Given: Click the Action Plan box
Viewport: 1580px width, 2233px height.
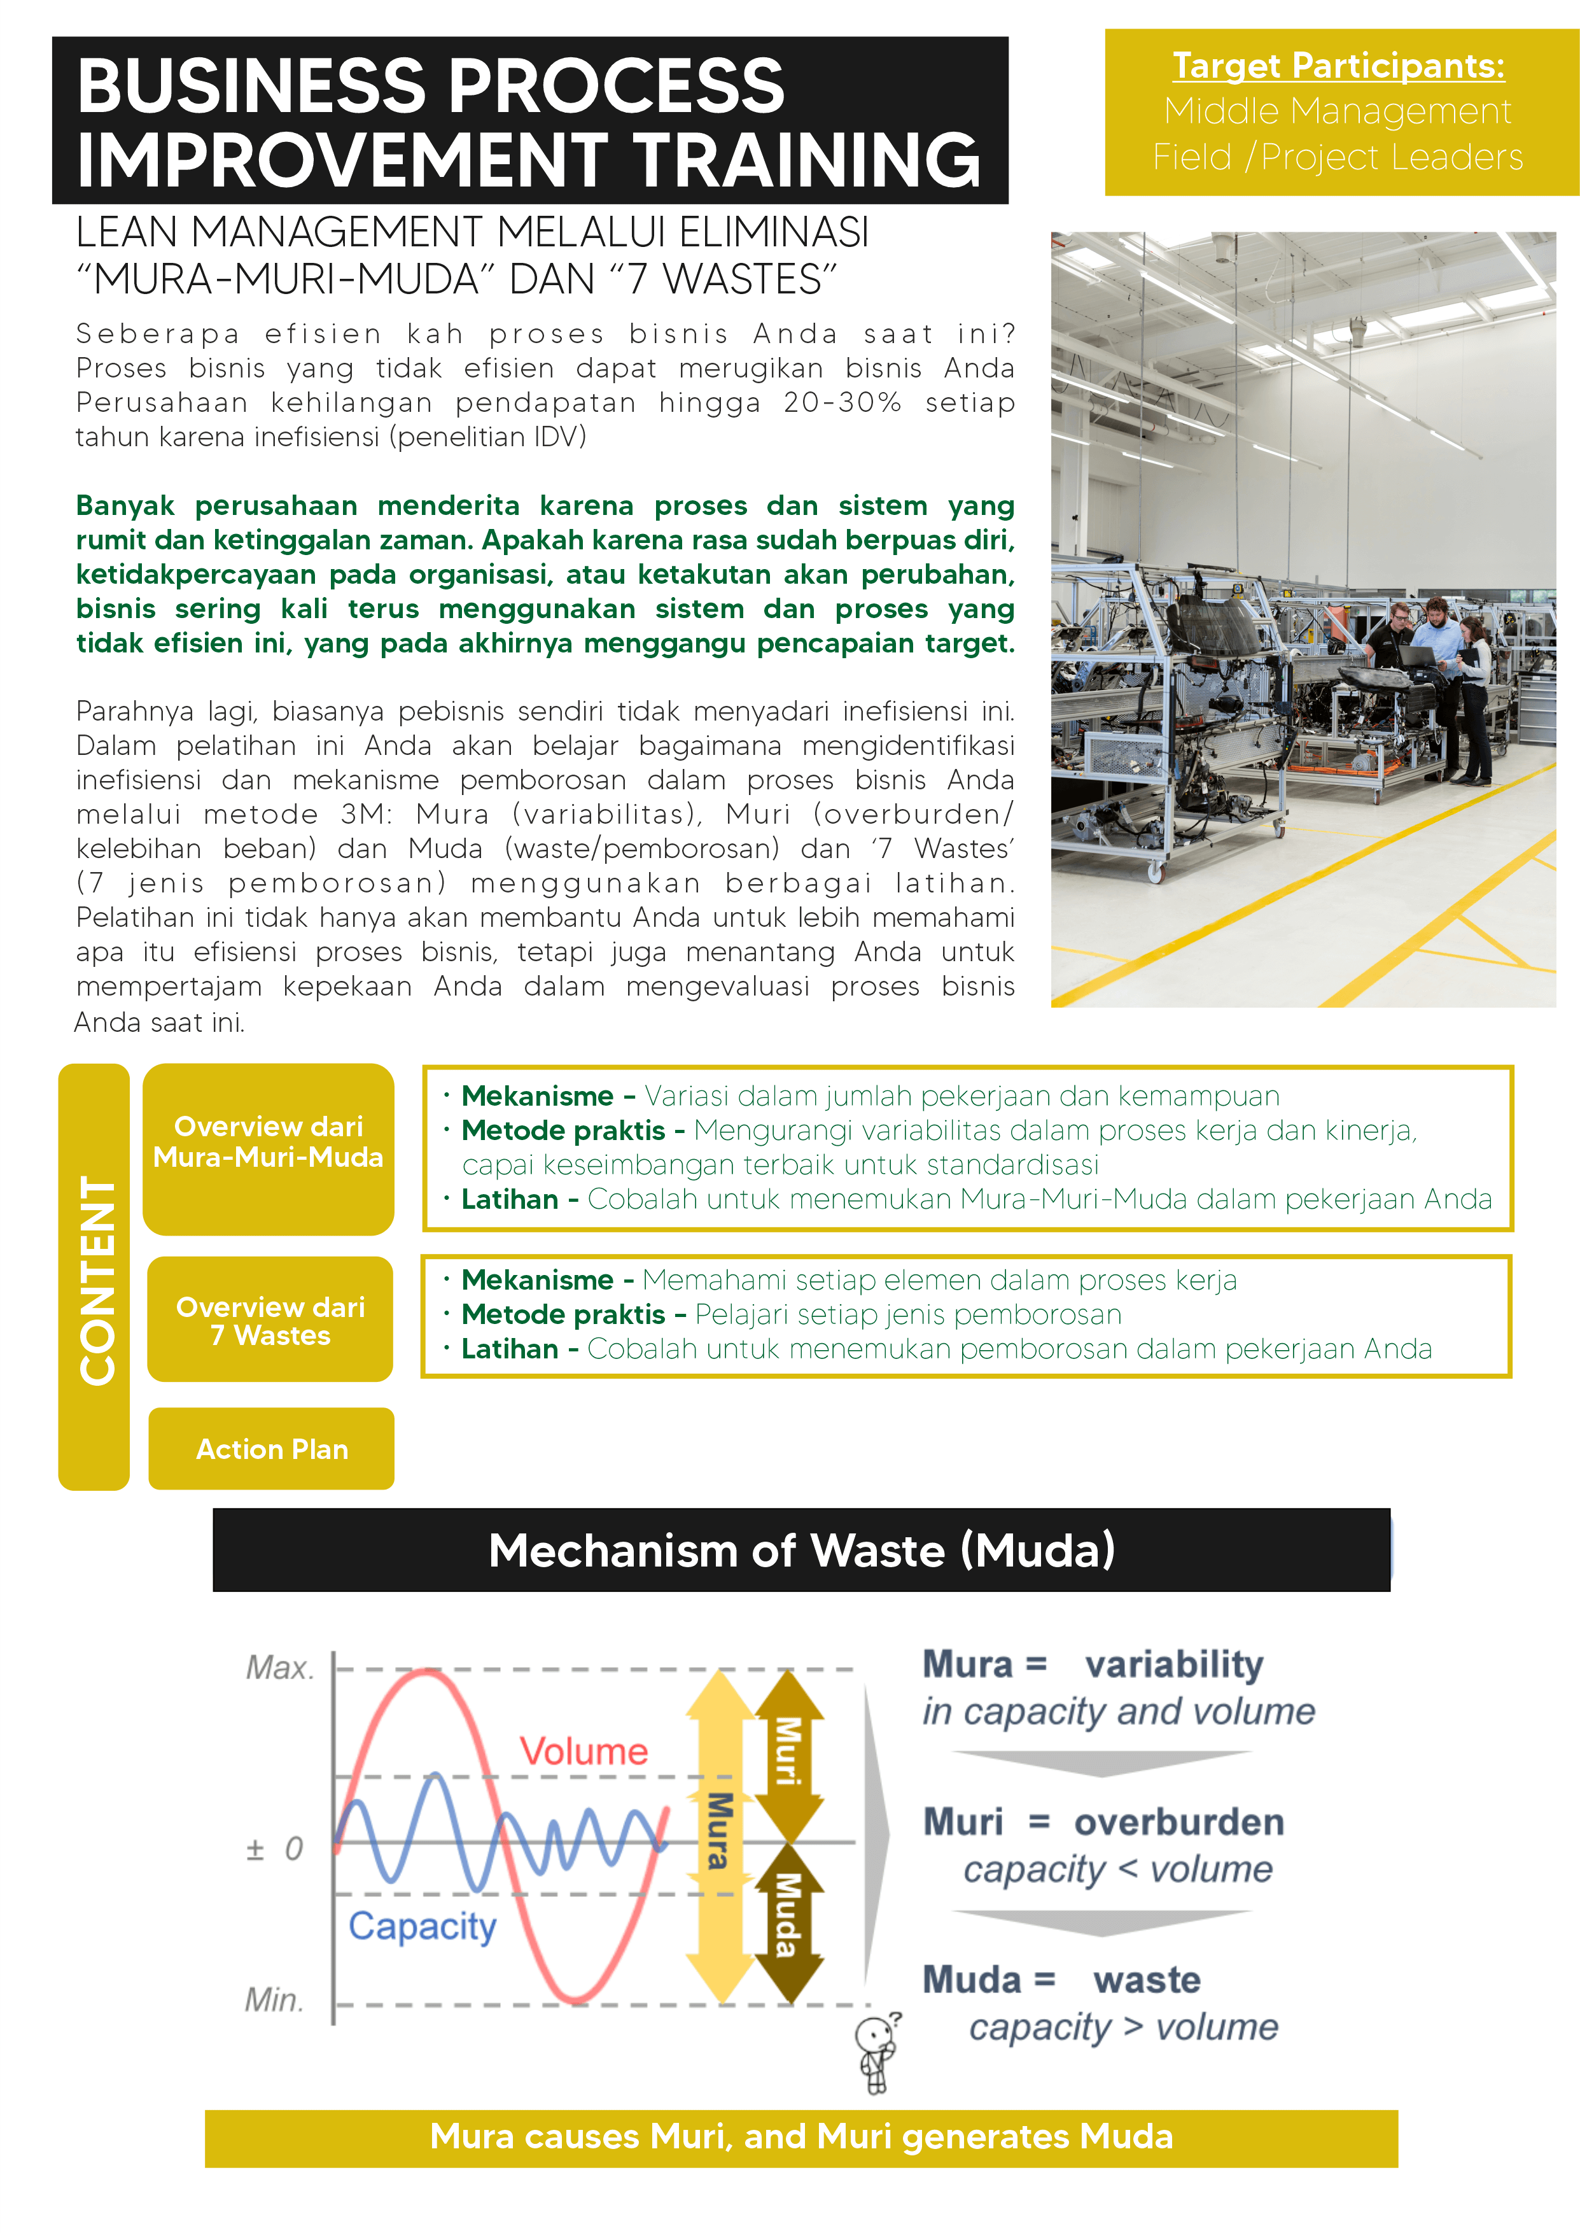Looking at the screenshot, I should [272, 1449].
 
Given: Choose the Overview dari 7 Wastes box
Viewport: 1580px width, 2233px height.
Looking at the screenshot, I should [270, 1320].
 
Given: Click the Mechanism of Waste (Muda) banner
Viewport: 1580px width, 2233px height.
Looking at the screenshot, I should [802, 1550].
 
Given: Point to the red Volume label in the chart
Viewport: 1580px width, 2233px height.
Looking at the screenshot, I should [584, 1751].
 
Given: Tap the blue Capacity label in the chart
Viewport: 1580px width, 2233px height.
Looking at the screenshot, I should [423, 1927].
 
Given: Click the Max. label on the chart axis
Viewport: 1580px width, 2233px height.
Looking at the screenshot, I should [280, 1668].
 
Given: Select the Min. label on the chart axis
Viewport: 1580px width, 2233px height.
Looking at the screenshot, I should [274, 1999].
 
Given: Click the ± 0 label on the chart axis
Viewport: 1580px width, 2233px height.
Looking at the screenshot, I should [274, 1849].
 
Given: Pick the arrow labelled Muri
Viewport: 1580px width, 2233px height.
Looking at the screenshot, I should [788, 1751].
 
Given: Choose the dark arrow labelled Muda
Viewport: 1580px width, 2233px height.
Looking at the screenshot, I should [788, 1917].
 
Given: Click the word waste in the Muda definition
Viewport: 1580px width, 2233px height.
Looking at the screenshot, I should [1147, 1980].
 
